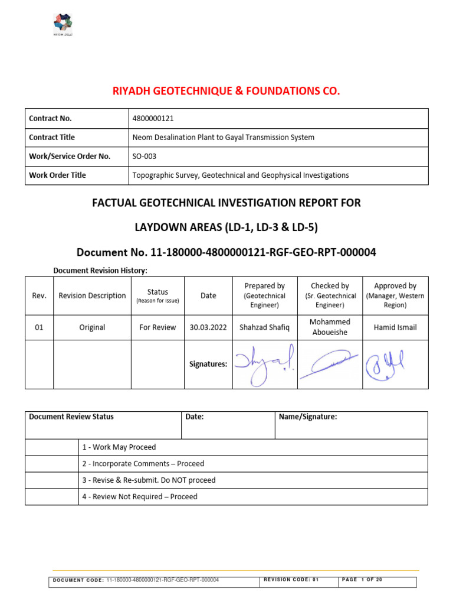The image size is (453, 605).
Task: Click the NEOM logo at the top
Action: [63, 25]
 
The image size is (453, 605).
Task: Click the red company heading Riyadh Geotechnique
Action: [226, 91]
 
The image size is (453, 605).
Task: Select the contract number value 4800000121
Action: [153, 119]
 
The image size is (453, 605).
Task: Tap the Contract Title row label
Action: [52, 138]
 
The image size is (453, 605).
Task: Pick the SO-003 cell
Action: [145, 157]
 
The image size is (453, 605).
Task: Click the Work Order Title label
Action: [57, 175]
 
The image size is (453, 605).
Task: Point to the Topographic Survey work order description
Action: [241, 175]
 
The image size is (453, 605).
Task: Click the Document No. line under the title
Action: [226, 253]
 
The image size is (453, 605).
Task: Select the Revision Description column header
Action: [92, 295]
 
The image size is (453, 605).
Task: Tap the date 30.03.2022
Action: [208, 327]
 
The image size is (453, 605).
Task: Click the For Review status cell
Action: [157, 327]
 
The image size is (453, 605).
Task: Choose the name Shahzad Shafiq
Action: [265, 327]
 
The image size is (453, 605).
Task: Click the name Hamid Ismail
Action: [395, 327]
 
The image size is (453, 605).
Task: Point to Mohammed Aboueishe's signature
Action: [330, 364]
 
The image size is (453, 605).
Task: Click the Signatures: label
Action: [208, 365]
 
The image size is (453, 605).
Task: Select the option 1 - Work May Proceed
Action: [119, 447]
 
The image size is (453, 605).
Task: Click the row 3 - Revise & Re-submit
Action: [149, 480]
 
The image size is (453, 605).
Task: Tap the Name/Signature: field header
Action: [308, 417]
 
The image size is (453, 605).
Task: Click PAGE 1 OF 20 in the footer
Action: [362, 580]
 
